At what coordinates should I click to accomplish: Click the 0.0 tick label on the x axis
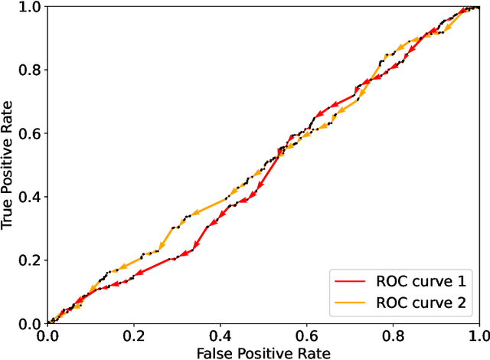click(47, 335)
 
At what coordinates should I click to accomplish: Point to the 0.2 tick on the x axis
click(134, 335)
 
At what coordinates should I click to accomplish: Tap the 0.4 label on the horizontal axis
click(220, 335)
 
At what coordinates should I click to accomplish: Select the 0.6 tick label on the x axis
click(306, 335)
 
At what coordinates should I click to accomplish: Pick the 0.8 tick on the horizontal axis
click(393, 335)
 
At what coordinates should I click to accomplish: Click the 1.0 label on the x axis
click(479, 335)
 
